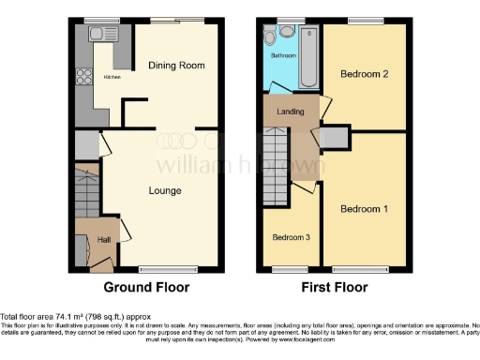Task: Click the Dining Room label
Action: [x=176, y=65]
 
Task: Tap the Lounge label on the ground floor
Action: [x=164, y=191]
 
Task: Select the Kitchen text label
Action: [x=112, y=78]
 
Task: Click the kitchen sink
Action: [x=97, y=35]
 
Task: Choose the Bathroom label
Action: [x=284, y=56]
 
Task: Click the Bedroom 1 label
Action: [x=364, y=208]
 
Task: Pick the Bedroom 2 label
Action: [x=364, y=73]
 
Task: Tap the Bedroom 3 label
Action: [x=291, y=237]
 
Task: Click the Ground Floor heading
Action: [x=146, y=287]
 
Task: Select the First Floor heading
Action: [x=335, y=287]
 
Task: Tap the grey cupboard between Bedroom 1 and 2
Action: [x=335, y=138]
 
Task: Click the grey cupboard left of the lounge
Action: [x=86, y=144]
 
